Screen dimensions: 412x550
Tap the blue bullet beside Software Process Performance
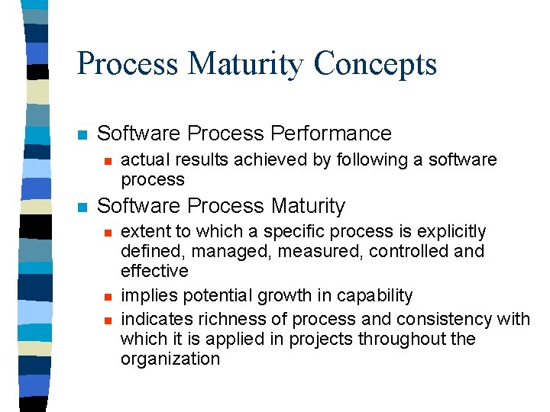pos(82,135)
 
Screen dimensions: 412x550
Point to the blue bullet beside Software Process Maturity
pos(82,208)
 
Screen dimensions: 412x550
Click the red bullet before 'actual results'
pos(108,161)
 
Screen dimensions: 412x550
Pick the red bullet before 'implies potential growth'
pos(108,297)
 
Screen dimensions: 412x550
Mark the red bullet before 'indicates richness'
pos(108,320)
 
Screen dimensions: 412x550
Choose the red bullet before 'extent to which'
pos(108,233)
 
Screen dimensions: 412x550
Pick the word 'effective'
pos(154,272)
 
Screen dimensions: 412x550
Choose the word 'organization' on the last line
pos(170,359)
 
